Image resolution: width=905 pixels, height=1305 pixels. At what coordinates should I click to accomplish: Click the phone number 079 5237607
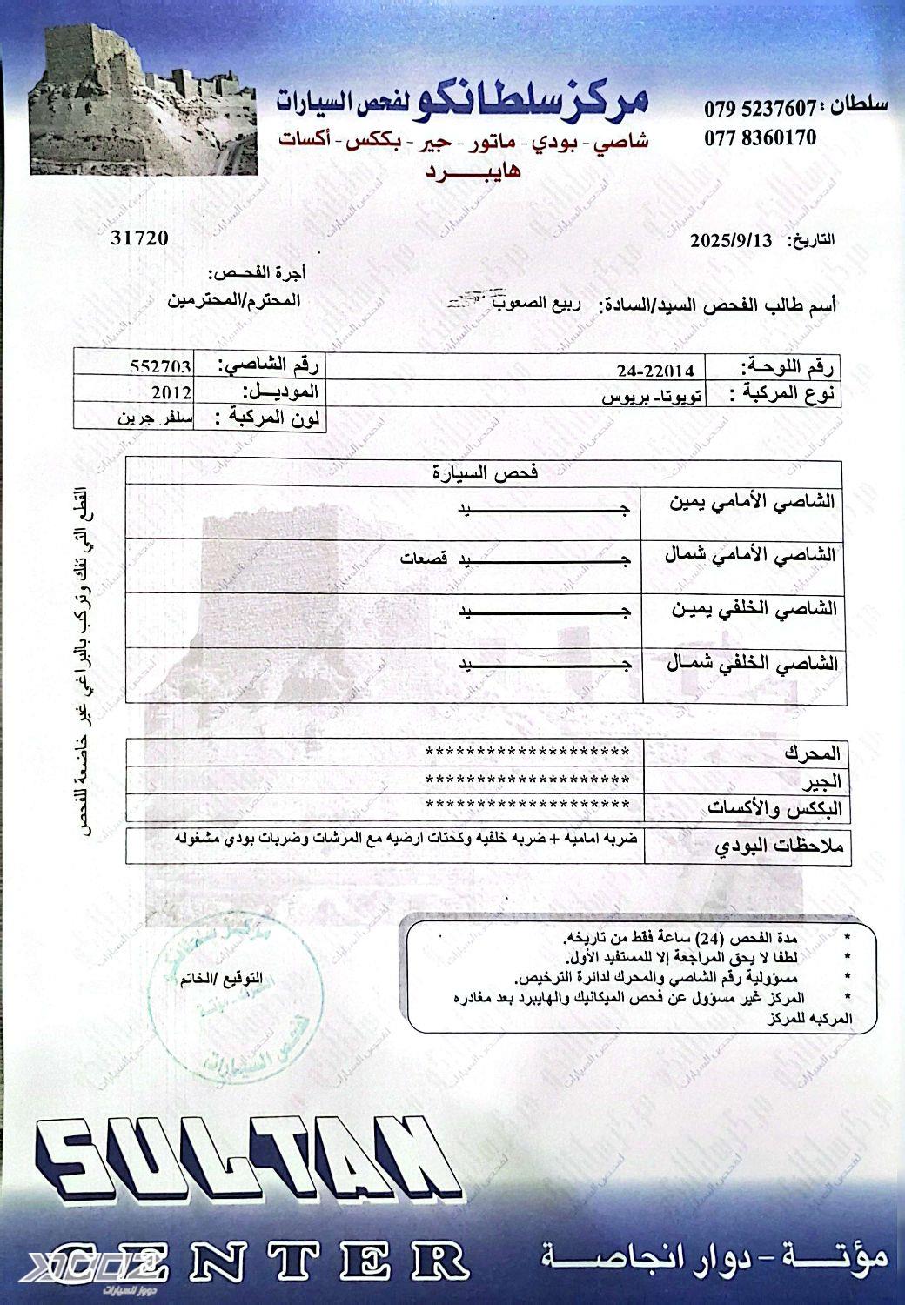tap(760, 110)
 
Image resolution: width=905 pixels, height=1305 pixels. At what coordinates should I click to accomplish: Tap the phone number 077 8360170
tap(760, 137)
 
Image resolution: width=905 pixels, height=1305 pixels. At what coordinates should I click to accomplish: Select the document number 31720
tap(139, 238)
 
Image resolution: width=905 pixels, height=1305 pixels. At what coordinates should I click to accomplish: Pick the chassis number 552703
tap(164, 366)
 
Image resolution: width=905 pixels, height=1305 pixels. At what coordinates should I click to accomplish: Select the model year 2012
tap(173, 391)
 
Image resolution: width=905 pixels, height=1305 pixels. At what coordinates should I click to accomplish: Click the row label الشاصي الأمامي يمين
tap(749, 504)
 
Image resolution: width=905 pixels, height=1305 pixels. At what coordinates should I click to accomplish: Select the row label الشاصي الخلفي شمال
tap(751, 664)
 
